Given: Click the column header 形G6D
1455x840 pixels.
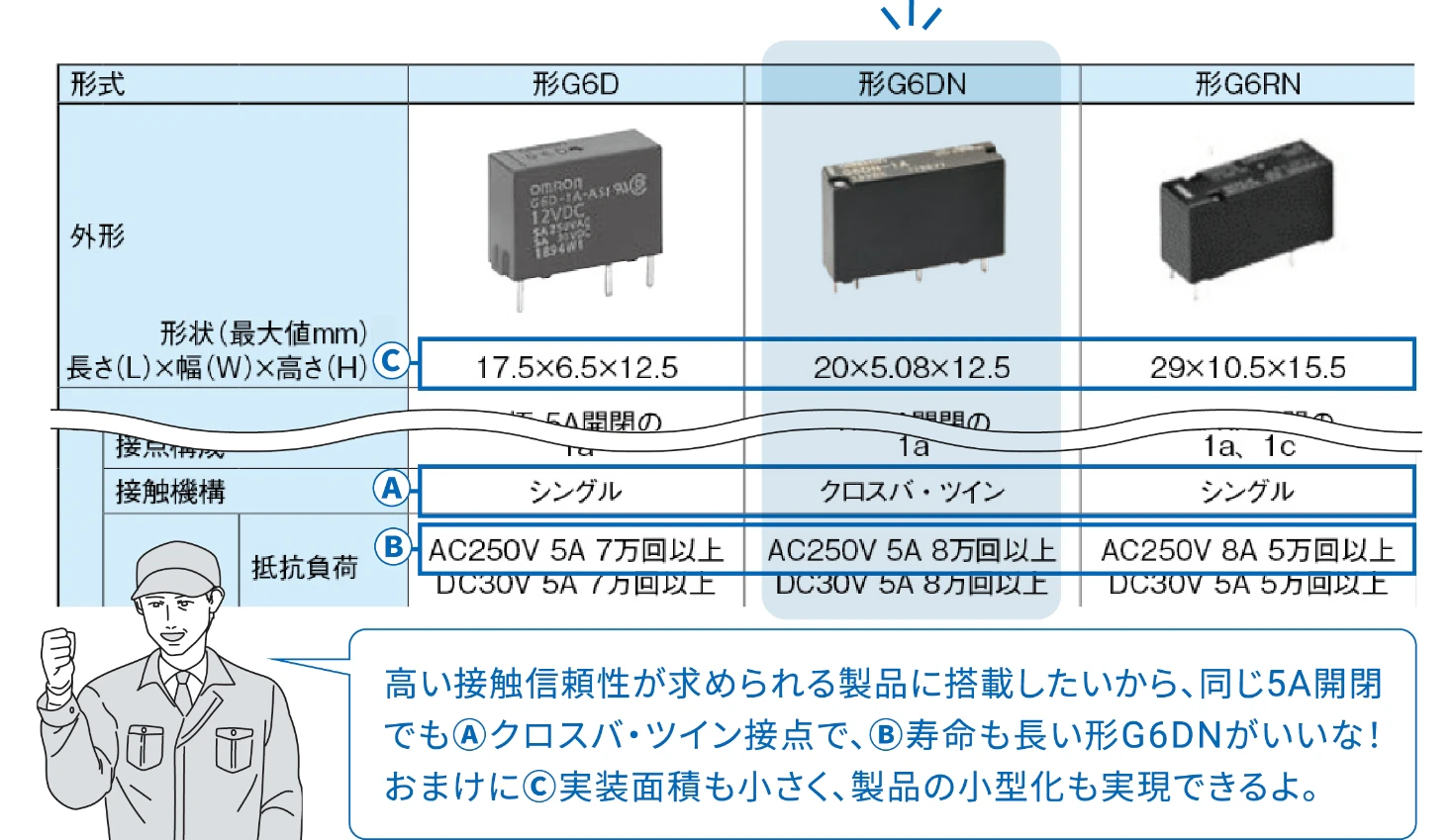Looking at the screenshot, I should [x=575, y=84].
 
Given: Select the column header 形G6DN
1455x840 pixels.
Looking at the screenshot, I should [x=912, y=84].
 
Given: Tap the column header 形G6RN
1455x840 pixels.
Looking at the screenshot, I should [x=1247, y=84].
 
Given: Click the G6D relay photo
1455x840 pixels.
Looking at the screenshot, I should [x=574, y=213].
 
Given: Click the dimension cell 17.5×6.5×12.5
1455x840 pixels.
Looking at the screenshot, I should [x=576, y=368].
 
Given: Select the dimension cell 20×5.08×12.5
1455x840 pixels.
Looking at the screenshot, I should [x=912, y=368].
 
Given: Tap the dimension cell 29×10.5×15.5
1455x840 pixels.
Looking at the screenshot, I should [x=1247, y=368].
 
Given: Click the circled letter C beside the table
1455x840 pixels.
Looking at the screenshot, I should [x=392, y=362].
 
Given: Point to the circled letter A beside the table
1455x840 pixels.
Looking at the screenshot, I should [x=392, y=489].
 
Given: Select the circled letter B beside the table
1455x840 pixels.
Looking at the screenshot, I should [x=393, y=547].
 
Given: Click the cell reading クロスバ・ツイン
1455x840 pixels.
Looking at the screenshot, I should [x=912, y=492].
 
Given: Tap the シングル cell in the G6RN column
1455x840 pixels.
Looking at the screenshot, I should [x=1247, y=492].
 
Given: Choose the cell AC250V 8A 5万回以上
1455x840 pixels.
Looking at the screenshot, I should [x=1247, y=550].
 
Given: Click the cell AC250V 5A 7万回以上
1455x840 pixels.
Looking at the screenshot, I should [x=576, y=550].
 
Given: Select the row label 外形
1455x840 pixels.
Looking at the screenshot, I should [x=98, y=236].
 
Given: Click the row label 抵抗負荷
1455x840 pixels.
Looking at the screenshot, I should [x=304, y=568].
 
